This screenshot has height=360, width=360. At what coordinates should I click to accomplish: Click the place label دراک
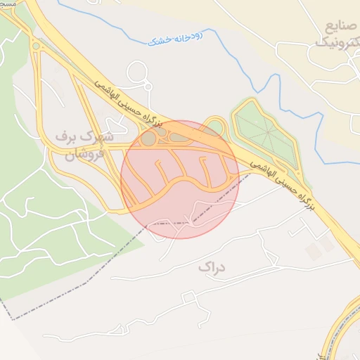click(210, 267)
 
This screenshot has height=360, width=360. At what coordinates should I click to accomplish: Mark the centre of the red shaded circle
click(180, 179)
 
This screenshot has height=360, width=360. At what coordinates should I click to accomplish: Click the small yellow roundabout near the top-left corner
click(35, 47)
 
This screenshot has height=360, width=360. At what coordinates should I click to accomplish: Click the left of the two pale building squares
click(311, 250)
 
